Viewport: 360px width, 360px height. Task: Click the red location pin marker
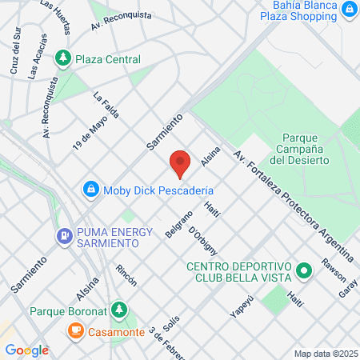180,163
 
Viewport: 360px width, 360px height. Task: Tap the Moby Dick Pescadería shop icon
90,190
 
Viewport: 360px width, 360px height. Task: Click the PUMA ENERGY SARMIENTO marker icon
63,236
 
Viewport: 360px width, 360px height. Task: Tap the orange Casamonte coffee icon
75,330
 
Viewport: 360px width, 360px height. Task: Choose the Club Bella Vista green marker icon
304,271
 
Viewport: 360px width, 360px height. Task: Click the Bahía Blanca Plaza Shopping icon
349,9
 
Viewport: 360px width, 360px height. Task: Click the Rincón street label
126,276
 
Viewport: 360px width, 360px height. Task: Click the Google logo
26,350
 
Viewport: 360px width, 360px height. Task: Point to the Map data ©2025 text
325,354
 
